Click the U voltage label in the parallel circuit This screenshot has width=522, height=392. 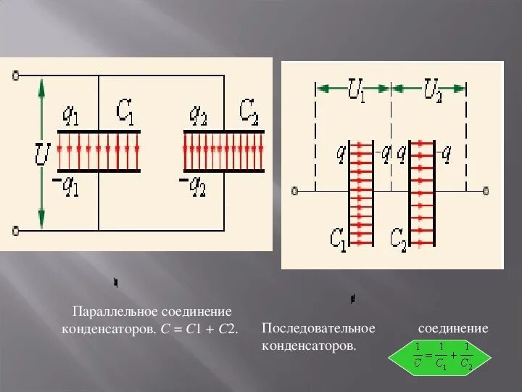click(x=42, y=154)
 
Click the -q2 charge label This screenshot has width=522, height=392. click(x=193, y=186)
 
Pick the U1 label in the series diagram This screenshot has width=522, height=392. click(x=356, y=93)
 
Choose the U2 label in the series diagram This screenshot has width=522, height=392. click(x=433, y=93)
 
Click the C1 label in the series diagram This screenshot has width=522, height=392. click(x=339, y=237)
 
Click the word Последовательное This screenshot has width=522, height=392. click(x=318, y=329)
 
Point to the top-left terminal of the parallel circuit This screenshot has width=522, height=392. click(x=15, y=74)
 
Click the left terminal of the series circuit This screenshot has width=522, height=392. click(x=294, y=192)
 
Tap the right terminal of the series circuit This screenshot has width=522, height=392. click(x=485, y=192)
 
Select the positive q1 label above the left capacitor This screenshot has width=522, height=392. click(x=70, y=114)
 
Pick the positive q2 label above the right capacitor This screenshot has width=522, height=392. click(x=199, y=114)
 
